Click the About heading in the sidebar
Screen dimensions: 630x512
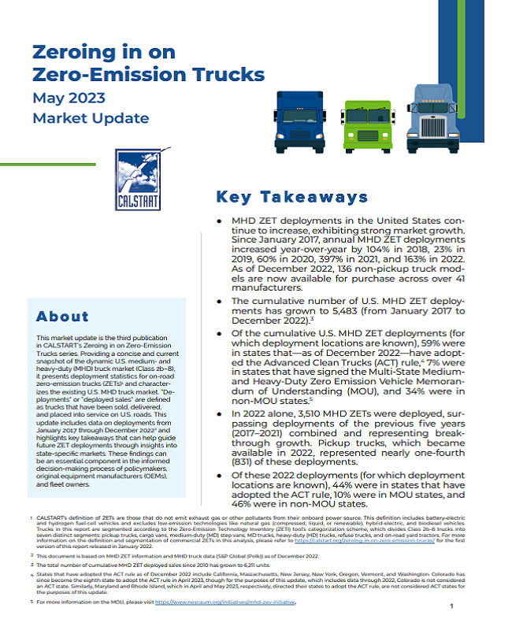click(x=62, y=317)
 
